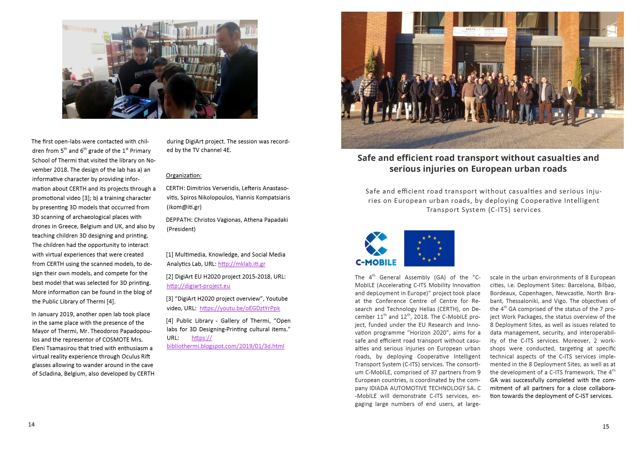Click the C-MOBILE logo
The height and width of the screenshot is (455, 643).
tap(376, 249)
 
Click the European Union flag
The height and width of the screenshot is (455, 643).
tap(429, 248)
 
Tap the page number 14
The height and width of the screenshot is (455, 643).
tap(31, 424)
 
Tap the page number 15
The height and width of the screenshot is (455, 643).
tap(606, 426)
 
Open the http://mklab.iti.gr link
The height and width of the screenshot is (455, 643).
tap(241, 264)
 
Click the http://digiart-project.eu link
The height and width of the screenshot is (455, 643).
tap(198, 286)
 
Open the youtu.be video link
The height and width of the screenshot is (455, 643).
tap(240, 308)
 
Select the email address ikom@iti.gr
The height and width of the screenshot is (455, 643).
tap(184, 207)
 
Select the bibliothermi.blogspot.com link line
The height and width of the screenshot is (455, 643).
tap(226, 346)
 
